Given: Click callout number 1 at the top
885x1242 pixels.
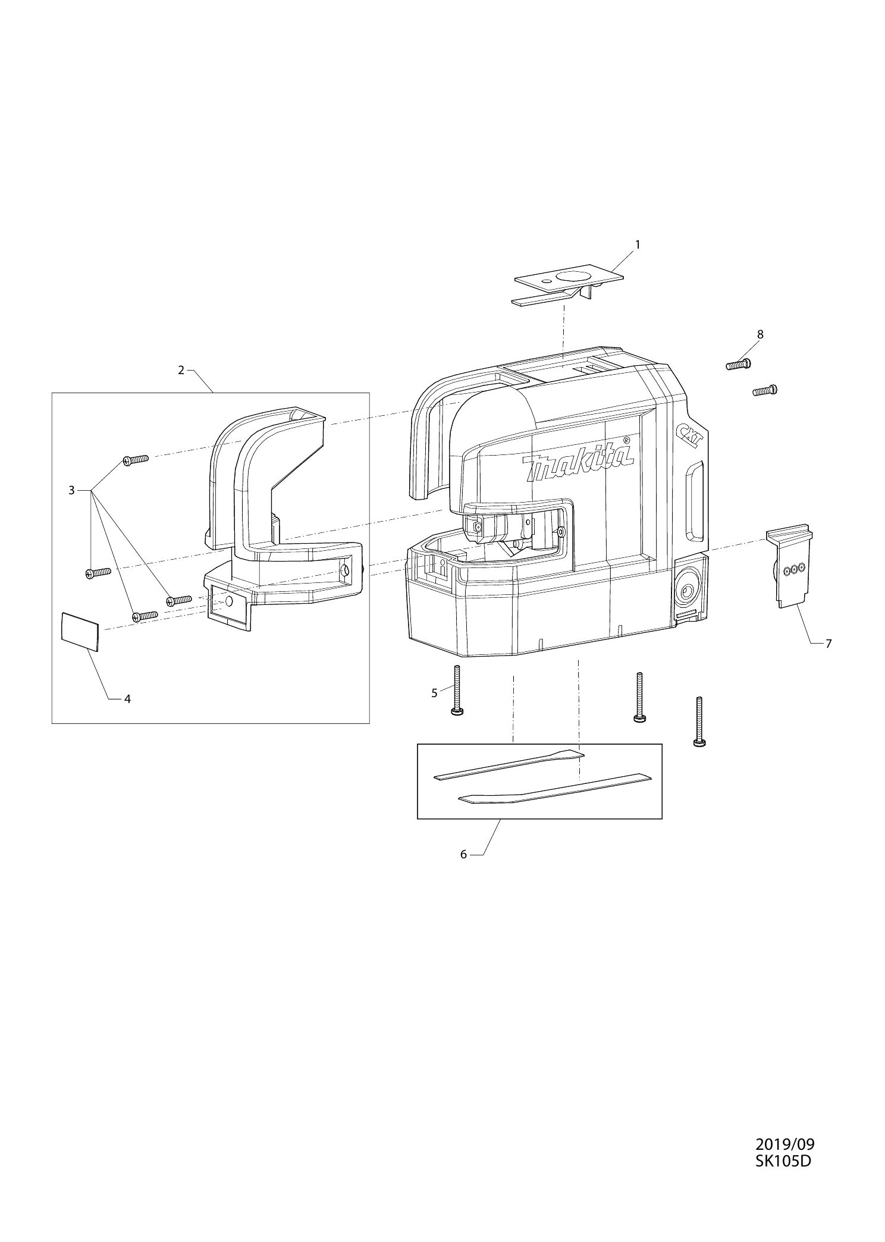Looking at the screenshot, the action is tap(638, 244).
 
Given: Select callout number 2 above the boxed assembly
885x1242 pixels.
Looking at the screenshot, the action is tap(181, 370).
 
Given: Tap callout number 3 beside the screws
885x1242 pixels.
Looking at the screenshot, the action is tap(71, 490).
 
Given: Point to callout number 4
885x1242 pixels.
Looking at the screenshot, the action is tap(127, 699).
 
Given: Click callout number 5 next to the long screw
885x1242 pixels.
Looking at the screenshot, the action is tap(434, 692).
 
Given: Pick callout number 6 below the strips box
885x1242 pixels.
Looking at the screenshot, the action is tap(463, 855).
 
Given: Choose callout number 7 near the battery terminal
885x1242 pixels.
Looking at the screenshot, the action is tap(828, 643).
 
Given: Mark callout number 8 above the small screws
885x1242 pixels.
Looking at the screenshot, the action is tap(760, 334).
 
